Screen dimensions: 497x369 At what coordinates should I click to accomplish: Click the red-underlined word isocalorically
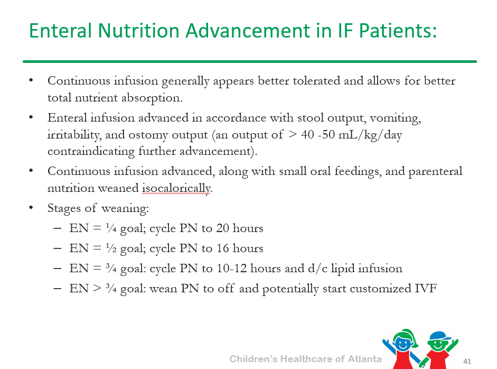[176, 188]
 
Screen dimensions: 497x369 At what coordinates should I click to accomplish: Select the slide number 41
[467, 361]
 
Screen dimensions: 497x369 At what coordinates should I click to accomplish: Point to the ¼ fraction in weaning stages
[111, 228]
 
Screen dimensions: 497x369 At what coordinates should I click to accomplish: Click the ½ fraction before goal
[111, 248]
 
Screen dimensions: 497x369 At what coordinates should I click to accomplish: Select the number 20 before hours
[222, 228]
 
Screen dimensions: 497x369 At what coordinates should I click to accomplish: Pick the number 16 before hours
[222, 248]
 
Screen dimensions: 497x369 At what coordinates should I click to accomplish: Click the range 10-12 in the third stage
[232, 269]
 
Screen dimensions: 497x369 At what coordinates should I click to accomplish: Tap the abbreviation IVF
[426, 289]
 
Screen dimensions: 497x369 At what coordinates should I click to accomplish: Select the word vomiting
[395, 118]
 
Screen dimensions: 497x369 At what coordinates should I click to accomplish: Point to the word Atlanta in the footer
[364, 359]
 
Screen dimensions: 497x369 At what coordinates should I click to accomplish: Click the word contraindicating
[91, 151]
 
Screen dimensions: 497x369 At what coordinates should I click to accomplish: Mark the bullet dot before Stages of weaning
[31, 208]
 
